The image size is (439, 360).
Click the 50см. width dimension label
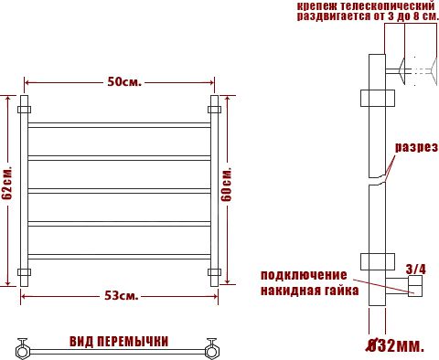[x=123, y=82]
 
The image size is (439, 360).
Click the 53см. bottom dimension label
[x=122, y=295]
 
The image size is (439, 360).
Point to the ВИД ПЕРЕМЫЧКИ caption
[x=119, y=342]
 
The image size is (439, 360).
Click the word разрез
[x=416, y=147]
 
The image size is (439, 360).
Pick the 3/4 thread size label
[x=416, y=269]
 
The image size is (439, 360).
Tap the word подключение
[x=303, y=276]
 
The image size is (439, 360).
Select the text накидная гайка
[x=303, y=291]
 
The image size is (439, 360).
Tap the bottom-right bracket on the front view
[x=216, y=272]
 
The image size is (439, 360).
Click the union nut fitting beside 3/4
[x=414, y=289]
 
